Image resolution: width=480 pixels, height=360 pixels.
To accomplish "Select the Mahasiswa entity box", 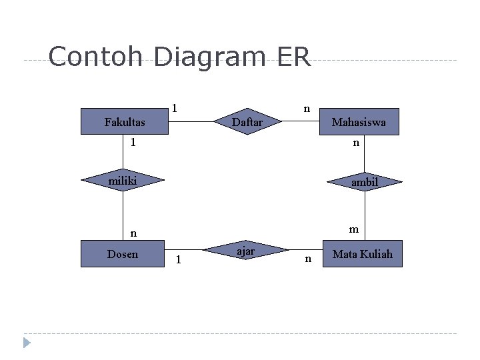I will [x=359, y=122].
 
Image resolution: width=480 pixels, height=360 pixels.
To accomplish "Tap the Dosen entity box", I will [x=123, y=254].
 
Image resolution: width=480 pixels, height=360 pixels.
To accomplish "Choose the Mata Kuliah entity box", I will [x=362, y=254].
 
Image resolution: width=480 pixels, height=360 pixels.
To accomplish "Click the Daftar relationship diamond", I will [x=247, y=122].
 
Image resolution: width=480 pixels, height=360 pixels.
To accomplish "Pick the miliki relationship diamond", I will [x=123, y=180].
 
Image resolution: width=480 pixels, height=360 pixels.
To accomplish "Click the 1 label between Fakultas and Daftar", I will [x=174, y=108].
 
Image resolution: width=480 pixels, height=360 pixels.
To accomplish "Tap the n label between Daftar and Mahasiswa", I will [x=306, y=107].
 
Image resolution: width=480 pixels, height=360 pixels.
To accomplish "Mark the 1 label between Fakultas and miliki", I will [x=133, y=143].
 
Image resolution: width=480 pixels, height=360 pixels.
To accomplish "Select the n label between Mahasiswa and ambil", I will [x=356, y=143].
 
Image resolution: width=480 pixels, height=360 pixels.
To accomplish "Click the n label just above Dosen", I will [x=133, y=233].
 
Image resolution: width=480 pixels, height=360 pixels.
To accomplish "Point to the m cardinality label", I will [x=354, y=229].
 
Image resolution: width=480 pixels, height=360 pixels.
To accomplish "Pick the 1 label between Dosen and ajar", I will [x=177, y=259].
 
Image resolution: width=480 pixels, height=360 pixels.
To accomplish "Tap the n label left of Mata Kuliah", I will [x=307, y=259].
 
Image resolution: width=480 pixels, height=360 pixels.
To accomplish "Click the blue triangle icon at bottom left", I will [x=27, y=343].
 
